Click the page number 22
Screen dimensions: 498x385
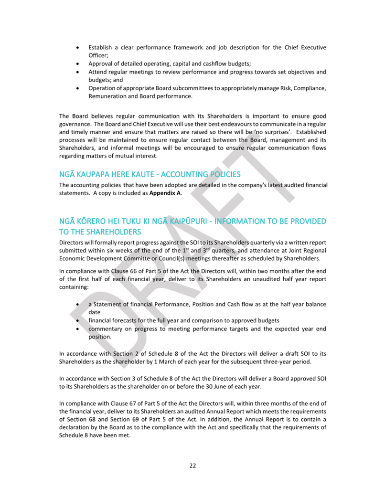pos(192,466)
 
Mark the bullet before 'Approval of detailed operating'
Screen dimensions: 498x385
pos(78,64)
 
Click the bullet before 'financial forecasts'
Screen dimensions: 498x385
pos(78,321)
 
